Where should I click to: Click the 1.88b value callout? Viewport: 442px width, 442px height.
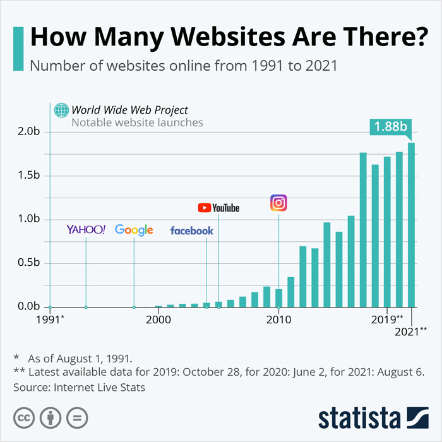pos(390,126)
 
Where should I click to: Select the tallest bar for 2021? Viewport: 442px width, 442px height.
pos(411,224)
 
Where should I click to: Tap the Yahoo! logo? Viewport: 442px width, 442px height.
pos(86,230)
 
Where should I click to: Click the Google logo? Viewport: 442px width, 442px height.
pos(134,230)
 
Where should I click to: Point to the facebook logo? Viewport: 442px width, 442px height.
pos(192,231)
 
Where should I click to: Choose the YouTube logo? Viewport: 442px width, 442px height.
pos(218,208)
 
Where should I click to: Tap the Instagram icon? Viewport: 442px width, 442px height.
pos(278,203)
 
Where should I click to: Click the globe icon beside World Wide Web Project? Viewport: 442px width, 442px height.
pos(61,110)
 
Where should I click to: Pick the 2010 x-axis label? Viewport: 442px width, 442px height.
pos(278,320)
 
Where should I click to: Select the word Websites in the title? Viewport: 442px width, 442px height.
pos(212,36)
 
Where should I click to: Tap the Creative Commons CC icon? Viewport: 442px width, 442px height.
pos(24,417)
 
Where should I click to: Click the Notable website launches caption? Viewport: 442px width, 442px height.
pos(137,122)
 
